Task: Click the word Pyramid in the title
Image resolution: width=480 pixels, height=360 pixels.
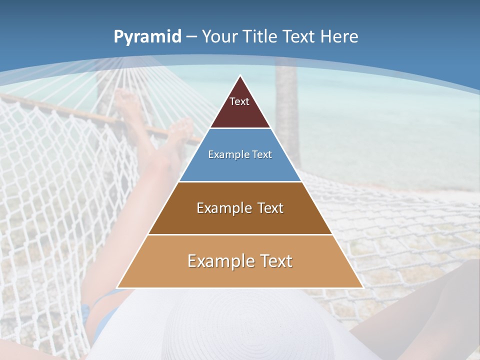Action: (x=147, y=37)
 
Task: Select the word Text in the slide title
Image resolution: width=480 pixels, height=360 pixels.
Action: (x=300, y=36)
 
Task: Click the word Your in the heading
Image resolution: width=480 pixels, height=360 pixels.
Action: (x=219, y=36)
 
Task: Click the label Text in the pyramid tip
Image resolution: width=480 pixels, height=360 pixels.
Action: (x=239, y=101)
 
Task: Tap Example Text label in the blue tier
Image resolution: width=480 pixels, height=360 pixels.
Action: (x=240, y=154)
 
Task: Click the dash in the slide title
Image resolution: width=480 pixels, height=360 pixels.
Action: (x=191, y=36)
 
